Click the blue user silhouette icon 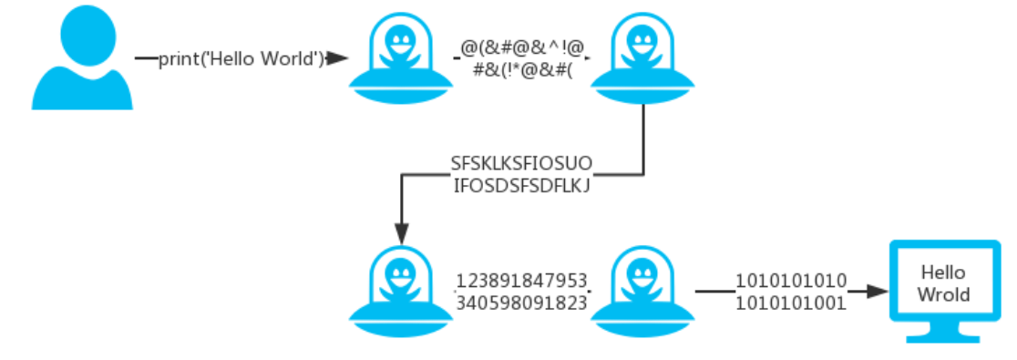82,59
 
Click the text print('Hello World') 242,59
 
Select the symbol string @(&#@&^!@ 523,46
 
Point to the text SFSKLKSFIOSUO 521,164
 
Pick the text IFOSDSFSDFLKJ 521,187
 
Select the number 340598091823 521,303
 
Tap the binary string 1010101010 792,281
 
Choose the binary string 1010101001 792,303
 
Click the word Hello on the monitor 943,273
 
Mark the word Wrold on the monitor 943,294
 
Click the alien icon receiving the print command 400,59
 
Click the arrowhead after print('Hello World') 339,59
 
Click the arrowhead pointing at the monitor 878,292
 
